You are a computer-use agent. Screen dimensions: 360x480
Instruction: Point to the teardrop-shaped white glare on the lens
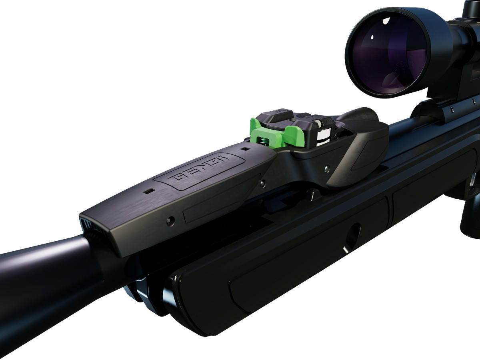click(x=386, y=19)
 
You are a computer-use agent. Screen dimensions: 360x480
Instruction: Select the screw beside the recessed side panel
click(x=171, y=220)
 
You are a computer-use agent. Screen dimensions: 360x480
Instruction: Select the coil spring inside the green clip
click(x=263, y=140)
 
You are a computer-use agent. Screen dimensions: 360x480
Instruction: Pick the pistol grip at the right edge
click(x=470, y=216)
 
